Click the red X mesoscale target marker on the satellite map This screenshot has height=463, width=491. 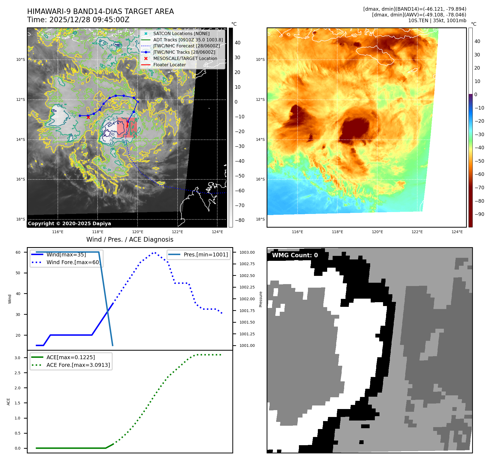click(x=88, y=117)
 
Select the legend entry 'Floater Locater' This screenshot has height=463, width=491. click(x=169, y=65)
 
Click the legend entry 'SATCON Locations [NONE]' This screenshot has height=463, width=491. click(x=181, y=33)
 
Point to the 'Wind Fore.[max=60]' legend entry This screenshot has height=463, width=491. click(x=73, y=262)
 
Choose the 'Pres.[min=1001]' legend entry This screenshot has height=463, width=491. click(x=205, y=255)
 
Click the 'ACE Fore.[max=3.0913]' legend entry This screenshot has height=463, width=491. click(x=78, y=365)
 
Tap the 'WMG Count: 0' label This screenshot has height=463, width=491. click(x=295, y=255)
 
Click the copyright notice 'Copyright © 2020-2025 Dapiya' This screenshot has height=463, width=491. click(x=69, y=224)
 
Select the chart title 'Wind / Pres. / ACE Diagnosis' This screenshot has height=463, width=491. click(x=130, y=239)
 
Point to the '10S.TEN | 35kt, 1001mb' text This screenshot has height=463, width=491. click(x=437, y=21)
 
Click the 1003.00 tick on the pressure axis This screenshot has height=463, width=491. click(x=247, y=252)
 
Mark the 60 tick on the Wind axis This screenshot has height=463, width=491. click(x=18, y=252)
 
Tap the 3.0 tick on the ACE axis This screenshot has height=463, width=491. click(x=18, y=358)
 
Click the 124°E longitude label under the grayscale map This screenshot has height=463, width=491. click(x=217, y=232)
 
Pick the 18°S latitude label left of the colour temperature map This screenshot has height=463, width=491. click(x=260, y=219)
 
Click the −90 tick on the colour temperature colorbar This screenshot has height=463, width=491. click(x=479, y=214)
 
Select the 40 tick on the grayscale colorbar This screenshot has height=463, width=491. click(x=238, y=43)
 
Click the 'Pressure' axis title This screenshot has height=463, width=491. click(x=261, y=299)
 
